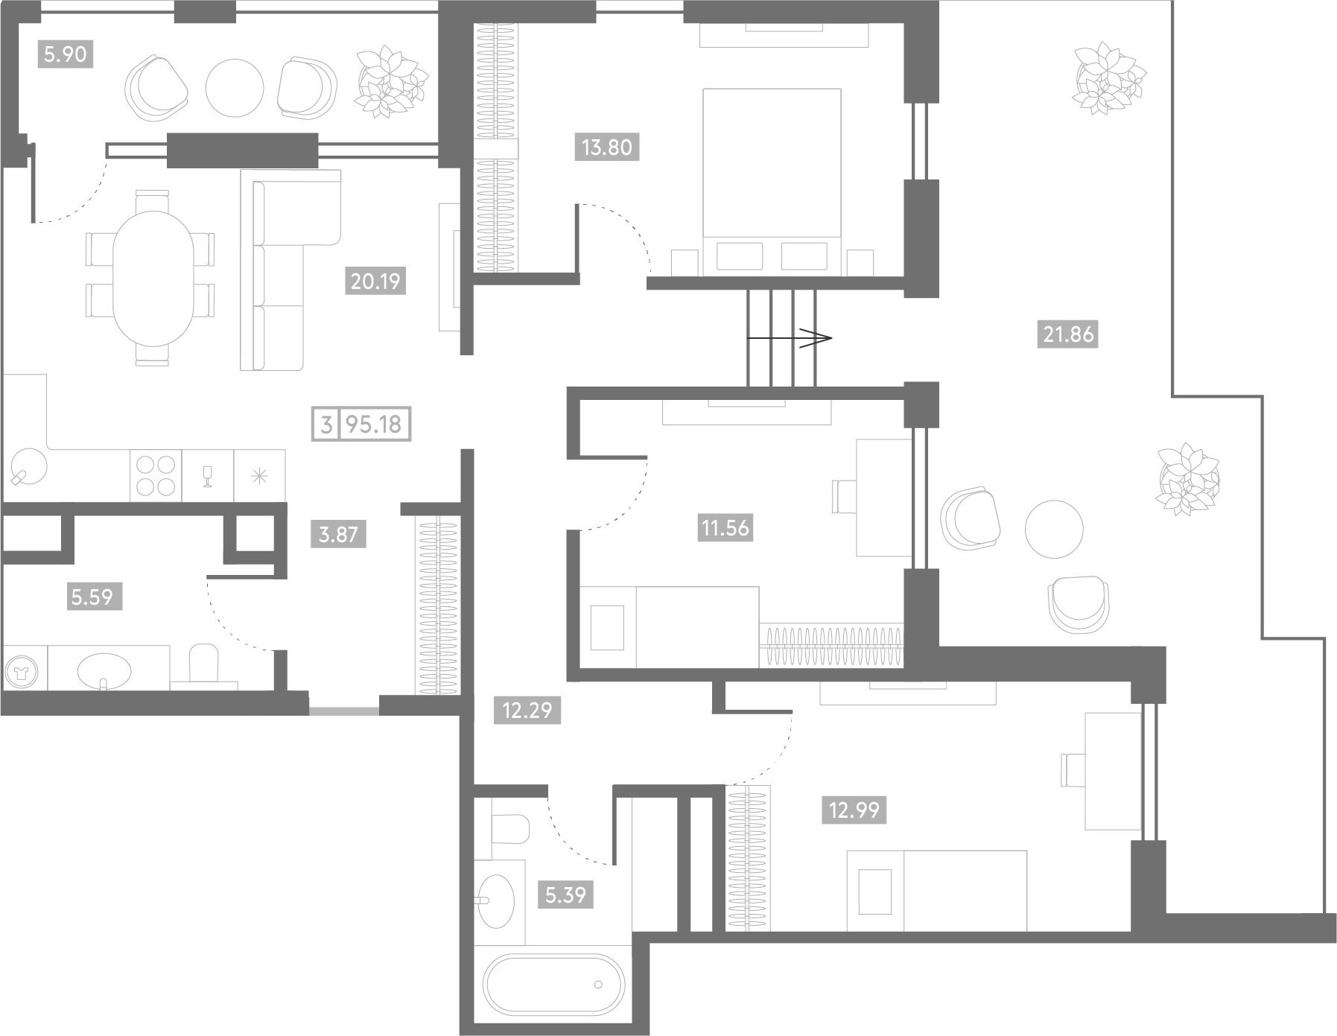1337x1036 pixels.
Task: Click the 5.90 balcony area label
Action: click(x=66, y=54)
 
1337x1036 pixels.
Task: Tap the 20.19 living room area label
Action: click(x=376, y=282)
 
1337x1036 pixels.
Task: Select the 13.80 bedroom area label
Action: click(x=607, y=147)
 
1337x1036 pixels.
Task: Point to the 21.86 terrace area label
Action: click(x=1068, y=335)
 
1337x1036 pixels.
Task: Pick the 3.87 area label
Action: click(x=338, y=534)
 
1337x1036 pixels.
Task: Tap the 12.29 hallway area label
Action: click(x=527, y=711)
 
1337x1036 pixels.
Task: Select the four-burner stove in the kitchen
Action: click(x=156, y=476)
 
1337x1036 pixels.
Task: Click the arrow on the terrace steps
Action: click(x=789, y=338)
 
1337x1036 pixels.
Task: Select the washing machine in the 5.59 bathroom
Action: click(x=25, y=669)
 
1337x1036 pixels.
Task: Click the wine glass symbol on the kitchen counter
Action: click(x=208, y=476)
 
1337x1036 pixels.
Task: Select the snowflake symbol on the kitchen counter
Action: click(x=259, y=476)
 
